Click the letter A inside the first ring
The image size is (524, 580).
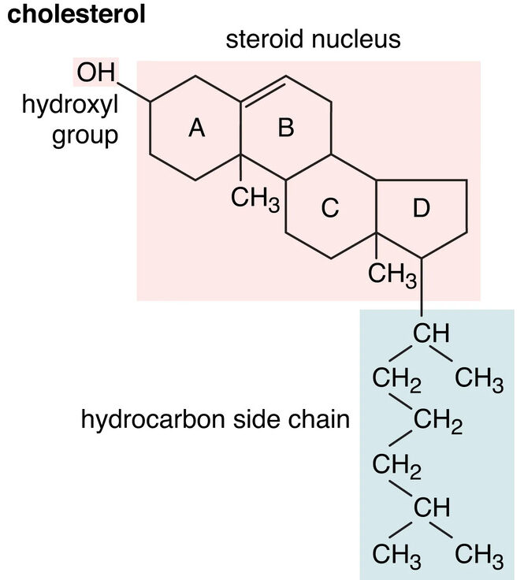pyautogui.click(x=195, y=128)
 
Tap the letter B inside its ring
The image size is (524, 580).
pyautogui.click(x=286, y=128)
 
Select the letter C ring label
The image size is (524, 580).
pyautogui.click(x=330, y=208)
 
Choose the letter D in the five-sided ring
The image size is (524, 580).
pyautogui.click(x=422, y=208)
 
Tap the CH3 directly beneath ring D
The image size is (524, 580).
pyautogui.click(x=393, y=275)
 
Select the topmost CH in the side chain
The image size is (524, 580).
pyautogui.click(x=432, y=333)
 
